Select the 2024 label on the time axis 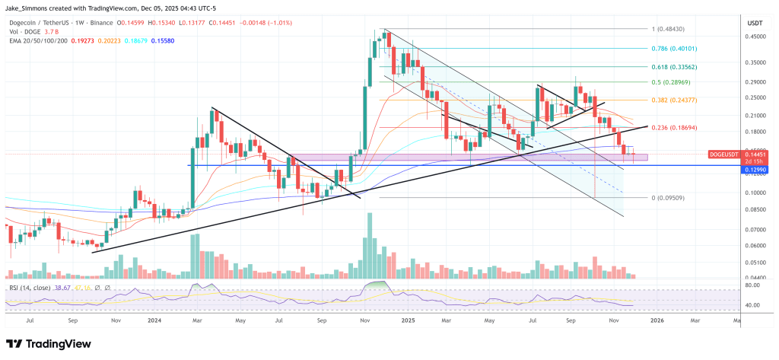[x=154, y=321]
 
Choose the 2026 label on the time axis [x=655, y=321]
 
